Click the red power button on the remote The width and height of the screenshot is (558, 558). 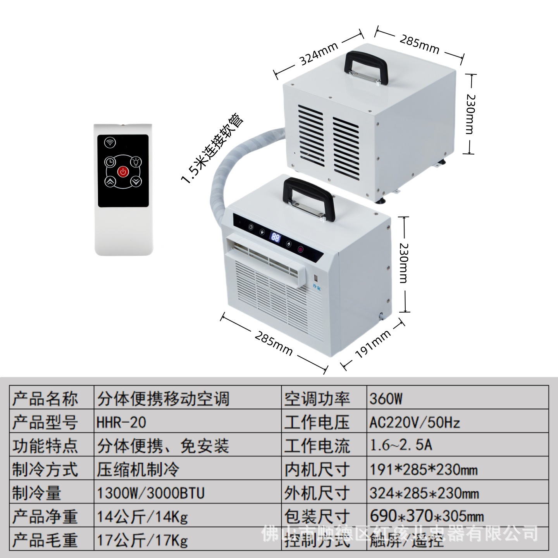tap(123, 171)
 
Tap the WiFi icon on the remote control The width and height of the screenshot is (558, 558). tap(110, 142)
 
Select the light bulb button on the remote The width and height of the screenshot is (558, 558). tap(136, 161)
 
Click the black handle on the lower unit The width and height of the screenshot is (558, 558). tap(308, 196)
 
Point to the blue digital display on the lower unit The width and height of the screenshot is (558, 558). tap(276, 237)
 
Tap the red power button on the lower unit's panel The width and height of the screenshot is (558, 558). tap(301, 250)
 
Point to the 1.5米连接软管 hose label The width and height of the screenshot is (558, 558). tap(213, 148)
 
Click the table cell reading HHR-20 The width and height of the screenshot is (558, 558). tap(121, 422)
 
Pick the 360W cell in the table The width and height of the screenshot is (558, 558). tap(386, 399)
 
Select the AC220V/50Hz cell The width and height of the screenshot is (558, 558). tap(414, 422)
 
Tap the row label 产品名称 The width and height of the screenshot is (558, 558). tap(45, 399)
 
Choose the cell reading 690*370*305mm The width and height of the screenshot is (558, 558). tap(427, 516)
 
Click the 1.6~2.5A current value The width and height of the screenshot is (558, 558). tap(401, 446)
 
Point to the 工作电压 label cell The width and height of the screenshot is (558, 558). tap(317, 422)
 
